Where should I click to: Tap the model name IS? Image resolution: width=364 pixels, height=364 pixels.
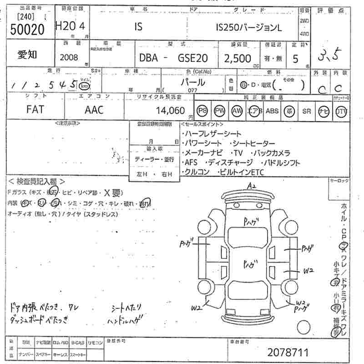(138, 27)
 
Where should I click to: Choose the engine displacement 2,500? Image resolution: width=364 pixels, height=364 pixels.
(238, 58)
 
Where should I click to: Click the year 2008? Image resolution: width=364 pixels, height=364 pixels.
(69, 58)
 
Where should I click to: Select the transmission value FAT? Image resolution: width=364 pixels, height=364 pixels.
(36, 110)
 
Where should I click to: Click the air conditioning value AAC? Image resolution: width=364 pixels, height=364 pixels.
(94, 110)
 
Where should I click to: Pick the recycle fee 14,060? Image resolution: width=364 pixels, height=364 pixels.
(171, 110)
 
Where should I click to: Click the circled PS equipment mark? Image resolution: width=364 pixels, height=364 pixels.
(202, 111)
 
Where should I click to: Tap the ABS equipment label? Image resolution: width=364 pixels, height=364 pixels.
(272, 111)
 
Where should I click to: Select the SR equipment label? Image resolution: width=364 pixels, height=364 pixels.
(306, 111)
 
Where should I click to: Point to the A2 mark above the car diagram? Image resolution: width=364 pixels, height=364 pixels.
(252, 186)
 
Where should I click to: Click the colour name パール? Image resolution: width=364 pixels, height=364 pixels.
(193, 82)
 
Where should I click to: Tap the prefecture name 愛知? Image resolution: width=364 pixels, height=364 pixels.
(28, 55)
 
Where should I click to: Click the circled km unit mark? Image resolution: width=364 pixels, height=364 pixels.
(83, 86)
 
